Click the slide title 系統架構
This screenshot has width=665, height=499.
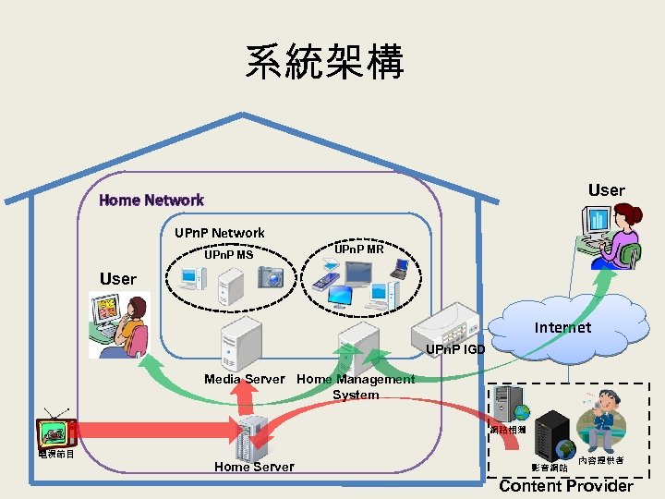324,63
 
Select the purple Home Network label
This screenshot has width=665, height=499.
151,200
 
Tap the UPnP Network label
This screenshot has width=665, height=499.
220,233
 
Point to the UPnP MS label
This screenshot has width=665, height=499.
228,254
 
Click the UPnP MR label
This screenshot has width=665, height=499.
358,249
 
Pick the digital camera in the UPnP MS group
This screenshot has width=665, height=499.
272,275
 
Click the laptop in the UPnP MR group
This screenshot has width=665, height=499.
399,268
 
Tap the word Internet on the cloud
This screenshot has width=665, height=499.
562,327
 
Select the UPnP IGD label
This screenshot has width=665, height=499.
455,349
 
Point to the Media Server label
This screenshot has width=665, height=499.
245,379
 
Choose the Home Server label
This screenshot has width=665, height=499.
254,467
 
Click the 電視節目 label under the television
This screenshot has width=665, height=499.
56,453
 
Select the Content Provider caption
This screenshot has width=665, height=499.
566,486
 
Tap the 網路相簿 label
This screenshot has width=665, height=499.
508,430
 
